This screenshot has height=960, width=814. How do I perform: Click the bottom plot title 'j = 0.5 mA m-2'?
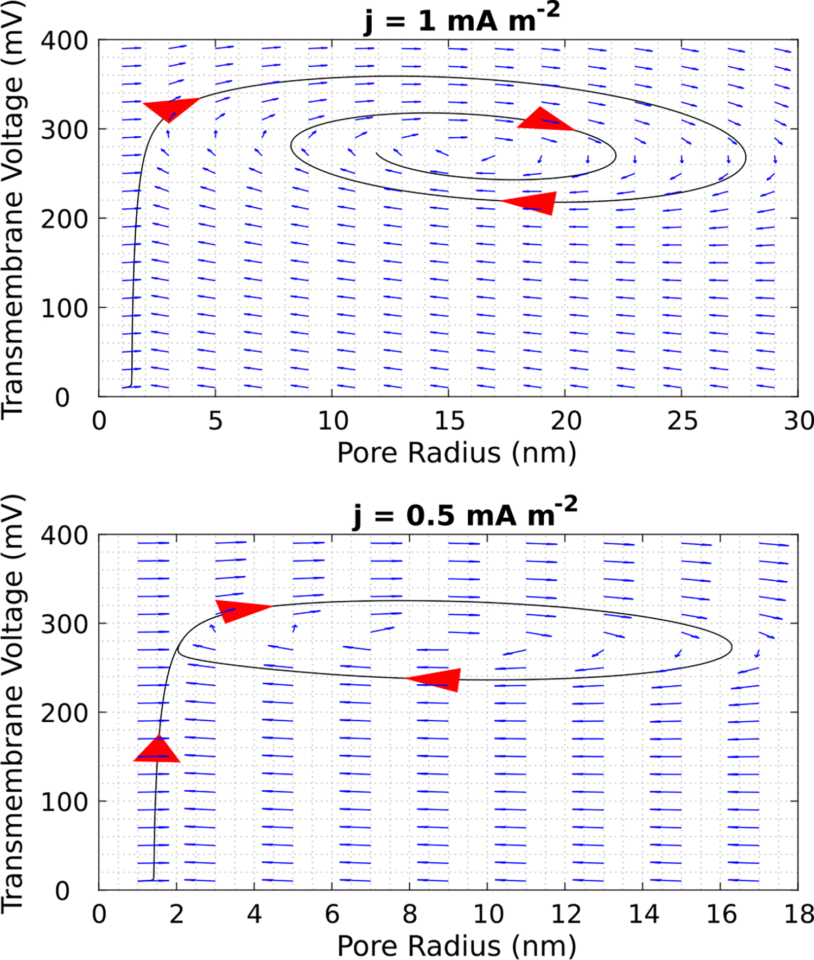(465, 513)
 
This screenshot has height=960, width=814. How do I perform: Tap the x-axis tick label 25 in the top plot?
(682, 421)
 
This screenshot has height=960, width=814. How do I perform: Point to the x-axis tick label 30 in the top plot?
(798, 421)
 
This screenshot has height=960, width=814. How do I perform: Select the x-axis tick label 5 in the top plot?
(215, 421)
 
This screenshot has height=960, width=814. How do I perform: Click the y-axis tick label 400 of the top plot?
(64, 40)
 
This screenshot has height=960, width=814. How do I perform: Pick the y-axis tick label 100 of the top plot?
(64, 308)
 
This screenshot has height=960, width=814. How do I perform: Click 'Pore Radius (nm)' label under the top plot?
(456, 453)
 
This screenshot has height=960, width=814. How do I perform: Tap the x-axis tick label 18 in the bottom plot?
(798, 914)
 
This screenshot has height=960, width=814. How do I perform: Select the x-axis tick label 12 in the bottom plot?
(565, 914)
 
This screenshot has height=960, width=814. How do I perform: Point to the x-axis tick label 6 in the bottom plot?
(332, 914)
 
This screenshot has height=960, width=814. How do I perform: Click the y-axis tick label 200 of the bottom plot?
(64, 713)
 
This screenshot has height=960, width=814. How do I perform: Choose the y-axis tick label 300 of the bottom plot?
(64, 624)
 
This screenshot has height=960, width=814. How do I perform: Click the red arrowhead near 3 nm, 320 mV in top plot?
(170, 108)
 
